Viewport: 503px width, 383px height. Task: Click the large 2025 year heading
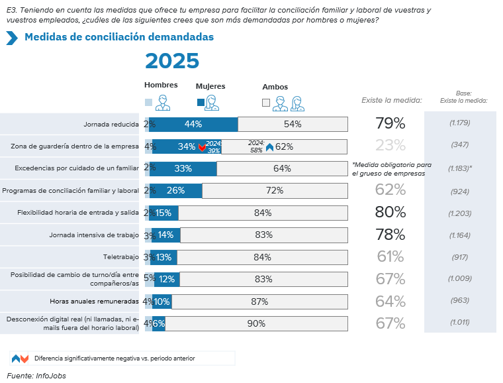pos(171,61)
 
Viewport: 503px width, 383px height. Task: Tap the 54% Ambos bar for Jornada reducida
pos(293,124)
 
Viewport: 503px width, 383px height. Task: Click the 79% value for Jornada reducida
pos(390,123)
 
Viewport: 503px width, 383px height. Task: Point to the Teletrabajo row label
pos(120,257)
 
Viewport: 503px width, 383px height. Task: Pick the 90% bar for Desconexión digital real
pos(256,324)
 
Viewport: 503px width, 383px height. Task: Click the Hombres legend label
pos(161,85)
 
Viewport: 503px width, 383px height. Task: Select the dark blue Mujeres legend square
pos(201,103)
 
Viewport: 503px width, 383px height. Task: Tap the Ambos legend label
pos(275,87)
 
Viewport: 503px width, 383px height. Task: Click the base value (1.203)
pos(459,213)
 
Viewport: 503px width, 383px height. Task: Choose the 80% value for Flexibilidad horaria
pos(390,212)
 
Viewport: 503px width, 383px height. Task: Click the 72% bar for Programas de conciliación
pos(274,191)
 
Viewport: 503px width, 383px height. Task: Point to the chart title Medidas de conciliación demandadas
pos(119,37)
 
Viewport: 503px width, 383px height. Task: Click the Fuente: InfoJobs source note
pos(36,376)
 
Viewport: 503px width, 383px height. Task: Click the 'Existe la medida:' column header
pos(392,101)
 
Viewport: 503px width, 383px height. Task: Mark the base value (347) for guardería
pos(459,145)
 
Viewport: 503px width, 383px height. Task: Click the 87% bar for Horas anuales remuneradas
pos(259,301)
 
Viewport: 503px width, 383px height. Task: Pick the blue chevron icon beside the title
pos(11,38)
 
